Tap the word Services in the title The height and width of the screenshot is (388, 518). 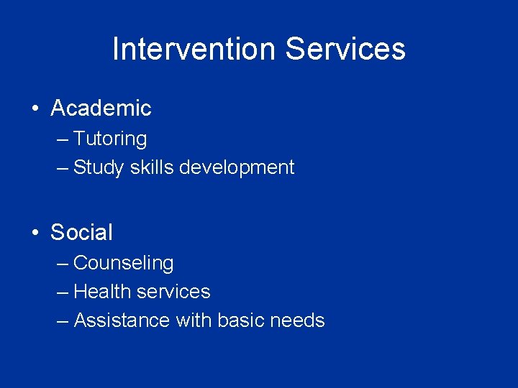345,49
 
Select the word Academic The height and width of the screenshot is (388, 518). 101,108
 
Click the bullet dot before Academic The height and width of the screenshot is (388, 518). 35,109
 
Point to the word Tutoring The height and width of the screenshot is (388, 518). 110,139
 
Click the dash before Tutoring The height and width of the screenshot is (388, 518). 62,139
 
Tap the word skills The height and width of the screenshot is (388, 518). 152,167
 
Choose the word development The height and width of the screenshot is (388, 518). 237,167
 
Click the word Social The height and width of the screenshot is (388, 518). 81,232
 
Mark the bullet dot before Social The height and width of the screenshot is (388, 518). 35,233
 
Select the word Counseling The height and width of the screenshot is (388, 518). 124,263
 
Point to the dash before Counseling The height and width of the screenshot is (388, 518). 62,264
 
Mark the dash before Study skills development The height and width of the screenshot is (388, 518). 62,168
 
